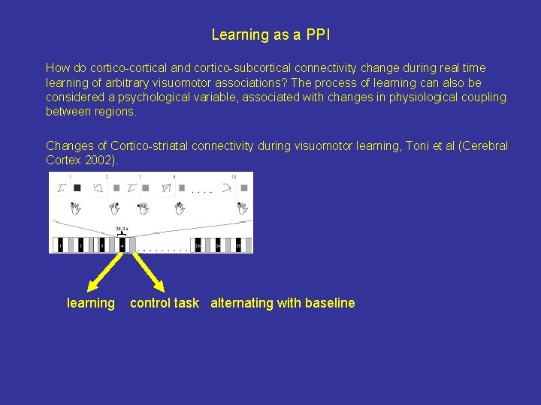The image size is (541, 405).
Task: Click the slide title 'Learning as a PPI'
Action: point(270,34)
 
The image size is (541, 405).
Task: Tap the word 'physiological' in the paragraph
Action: point(423,97)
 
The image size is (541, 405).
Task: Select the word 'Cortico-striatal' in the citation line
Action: point(149,145)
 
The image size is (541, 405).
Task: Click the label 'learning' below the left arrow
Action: point(91,303)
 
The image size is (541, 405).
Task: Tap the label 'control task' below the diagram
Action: point(165,303)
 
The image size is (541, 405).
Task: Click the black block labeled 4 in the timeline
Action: point(122,244)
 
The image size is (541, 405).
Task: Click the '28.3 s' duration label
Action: point(122,229)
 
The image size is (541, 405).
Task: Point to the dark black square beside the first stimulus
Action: point(77,187)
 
